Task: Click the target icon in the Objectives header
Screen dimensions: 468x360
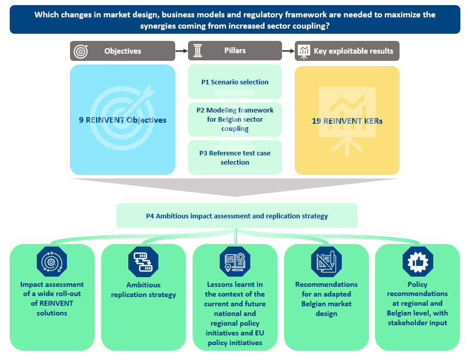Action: tap(81, 51)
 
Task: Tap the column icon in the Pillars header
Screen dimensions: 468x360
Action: tap(198, 51)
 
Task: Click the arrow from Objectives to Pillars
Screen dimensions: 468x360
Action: tap(181, 51)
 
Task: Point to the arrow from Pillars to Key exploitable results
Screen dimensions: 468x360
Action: tap(288, 51)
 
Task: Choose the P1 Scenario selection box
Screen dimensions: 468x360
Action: tap(235, 81)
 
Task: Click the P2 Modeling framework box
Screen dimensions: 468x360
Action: tap(235, 119)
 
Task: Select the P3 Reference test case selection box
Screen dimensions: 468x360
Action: tap(235, 157)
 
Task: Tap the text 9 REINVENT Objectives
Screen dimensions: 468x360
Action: tap(123, 120)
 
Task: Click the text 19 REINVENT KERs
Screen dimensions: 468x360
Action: tap(347, 121)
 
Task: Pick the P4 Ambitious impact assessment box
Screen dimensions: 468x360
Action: tap(237, 216)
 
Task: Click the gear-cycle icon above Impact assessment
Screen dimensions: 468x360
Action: tap(52, 262)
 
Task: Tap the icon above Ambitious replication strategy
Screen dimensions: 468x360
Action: tap(143, 262)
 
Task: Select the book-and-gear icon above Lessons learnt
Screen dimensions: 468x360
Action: tap(235, 262)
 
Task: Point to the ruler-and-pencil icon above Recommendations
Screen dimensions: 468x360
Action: tap(326, 262)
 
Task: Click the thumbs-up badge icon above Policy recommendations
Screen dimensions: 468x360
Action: tap(417, 262)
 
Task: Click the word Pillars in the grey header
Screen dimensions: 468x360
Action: tap(235, 51)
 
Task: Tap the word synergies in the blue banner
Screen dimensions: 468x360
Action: tap(158, 26)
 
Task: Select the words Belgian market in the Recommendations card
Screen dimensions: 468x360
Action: tap(326, 304)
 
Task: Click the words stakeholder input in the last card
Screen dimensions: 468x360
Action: tap(417, 323)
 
